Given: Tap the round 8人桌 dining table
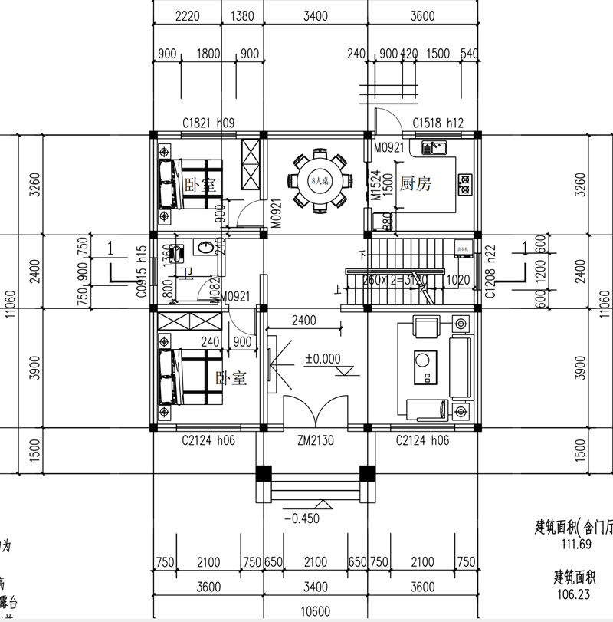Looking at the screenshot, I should coord(317,181).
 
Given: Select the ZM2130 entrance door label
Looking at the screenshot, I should coord(315,441).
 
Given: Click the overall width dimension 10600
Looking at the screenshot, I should coord(315,611).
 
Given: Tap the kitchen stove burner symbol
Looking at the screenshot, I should coord(464,183).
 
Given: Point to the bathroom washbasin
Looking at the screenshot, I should coord(205,248).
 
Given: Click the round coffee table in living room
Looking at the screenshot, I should coord(422,359).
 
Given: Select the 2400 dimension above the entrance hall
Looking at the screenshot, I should coord(303,320).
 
